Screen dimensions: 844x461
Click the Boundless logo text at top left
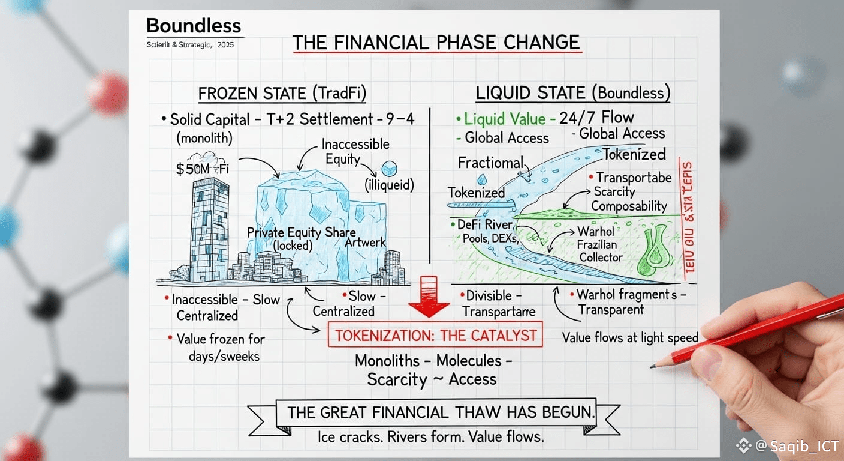[193, 26]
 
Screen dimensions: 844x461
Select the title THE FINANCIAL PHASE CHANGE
[436, 43]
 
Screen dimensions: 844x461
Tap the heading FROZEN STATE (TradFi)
[282, 94]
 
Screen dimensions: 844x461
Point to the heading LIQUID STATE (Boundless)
[572, 93]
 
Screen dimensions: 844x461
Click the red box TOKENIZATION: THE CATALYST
[435, 335]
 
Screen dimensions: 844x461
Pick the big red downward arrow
[429, 297]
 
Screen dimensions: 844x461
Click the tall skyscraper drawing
[209, 229]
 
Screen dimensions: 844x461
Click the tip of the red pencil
[652, 366]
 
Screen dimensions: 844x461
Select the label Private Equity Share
[301, 233]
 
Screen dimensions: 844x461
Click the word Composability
[629, 206]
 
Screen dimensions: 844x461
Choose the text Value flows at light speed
[630, 338]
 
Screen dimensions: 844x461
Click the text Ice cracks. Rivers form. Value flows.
[430, 437]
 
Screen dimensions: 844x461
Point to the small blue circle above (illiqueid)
[390, 169]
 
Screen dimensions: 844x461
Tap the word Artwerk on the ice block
[366, 243]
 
